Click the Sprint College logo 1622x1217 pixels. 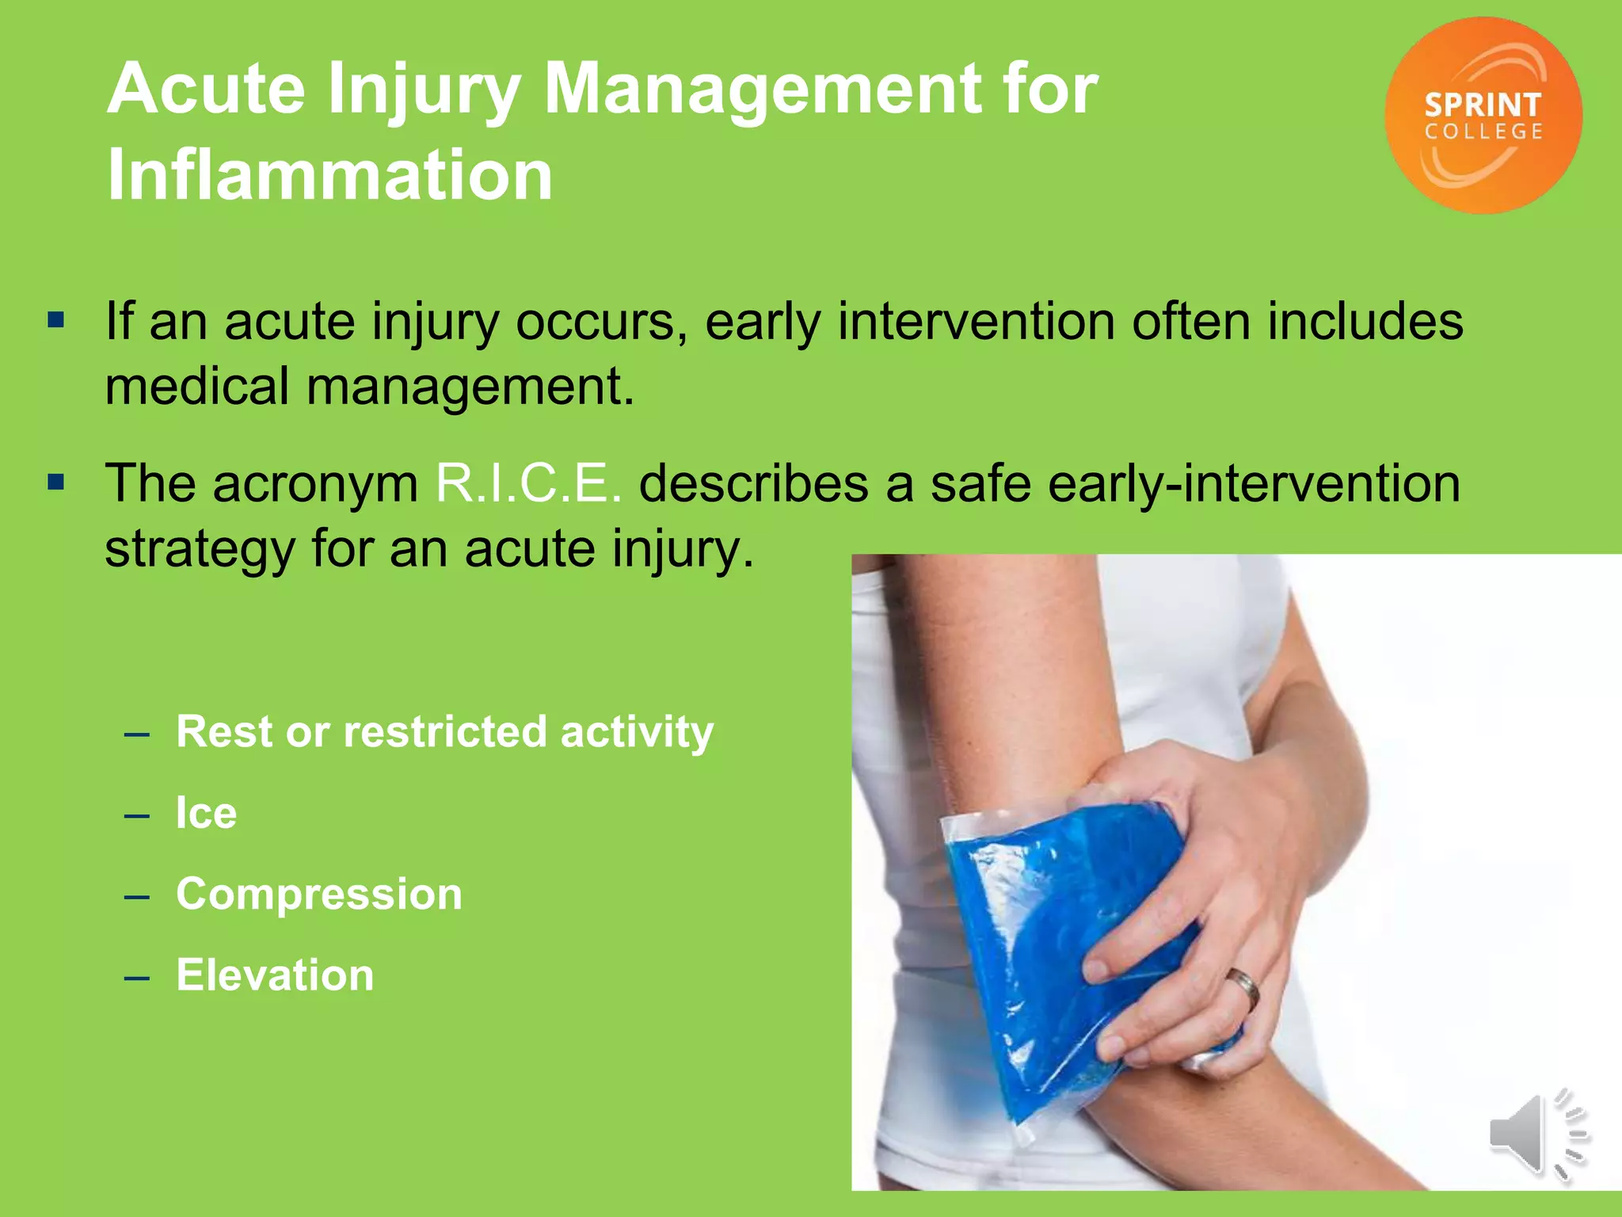pos(1483,116)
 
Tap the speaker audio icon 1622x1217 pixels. pos(1536,1134)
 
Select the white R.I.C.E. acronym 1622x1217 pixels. pos(528,483)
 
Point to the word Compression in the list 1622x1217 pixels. pos(319,894)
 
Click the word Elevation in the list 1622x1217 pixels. pos(275,975)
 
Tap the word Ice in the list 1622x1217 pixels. pos(206,813)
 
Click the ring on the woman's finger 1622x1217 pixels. pos(1244,989)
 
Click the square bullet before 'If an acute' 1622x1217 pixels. pos(55,321)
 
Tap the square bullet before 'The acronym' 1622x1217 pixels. pos(55,483)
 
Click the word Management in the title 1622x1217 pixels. pos(763,89)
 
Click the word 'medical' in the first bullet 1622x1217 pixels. pos(197,387)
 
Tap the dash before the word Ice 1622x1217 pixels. pos(137,815)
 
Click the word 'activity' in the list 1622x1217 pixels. pos(637,732)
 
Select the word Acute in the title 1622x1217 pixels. pos(207,89)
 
